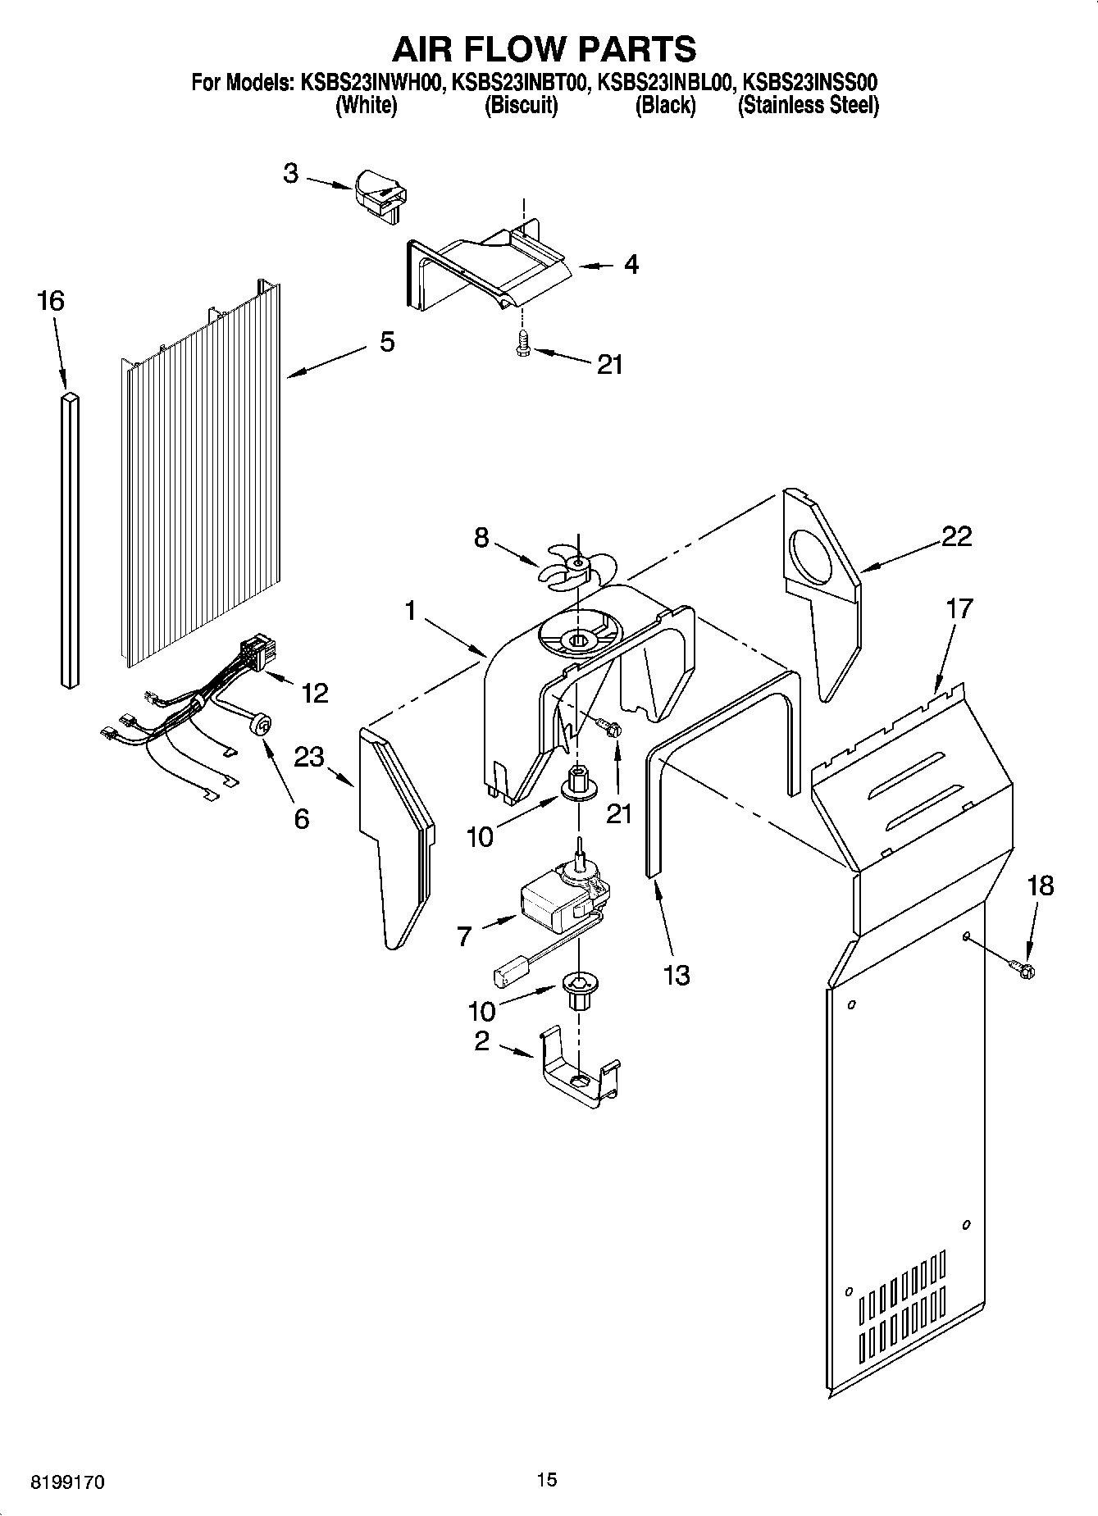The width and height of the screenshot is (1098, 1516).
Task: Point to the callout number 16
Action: coord(51,301)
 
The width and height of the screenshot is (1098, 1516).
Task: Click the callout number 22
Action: coord(956,536)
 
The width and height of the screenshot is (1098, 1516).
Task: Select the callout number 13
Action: coord(677,975)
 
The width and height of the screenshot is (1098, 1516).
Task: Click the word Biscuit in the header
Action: coord(522,105)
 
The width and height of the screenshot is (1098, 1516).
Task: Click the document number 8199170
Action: coord(68,1482)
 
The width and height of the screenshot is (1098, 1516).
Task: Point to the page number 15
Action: coord(547,1479)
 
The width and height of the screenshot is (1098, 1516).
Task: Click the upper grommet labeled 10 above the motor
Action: coord(578,781)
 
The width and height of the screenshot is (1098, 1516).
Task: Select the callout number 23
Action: coord(310,757)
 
